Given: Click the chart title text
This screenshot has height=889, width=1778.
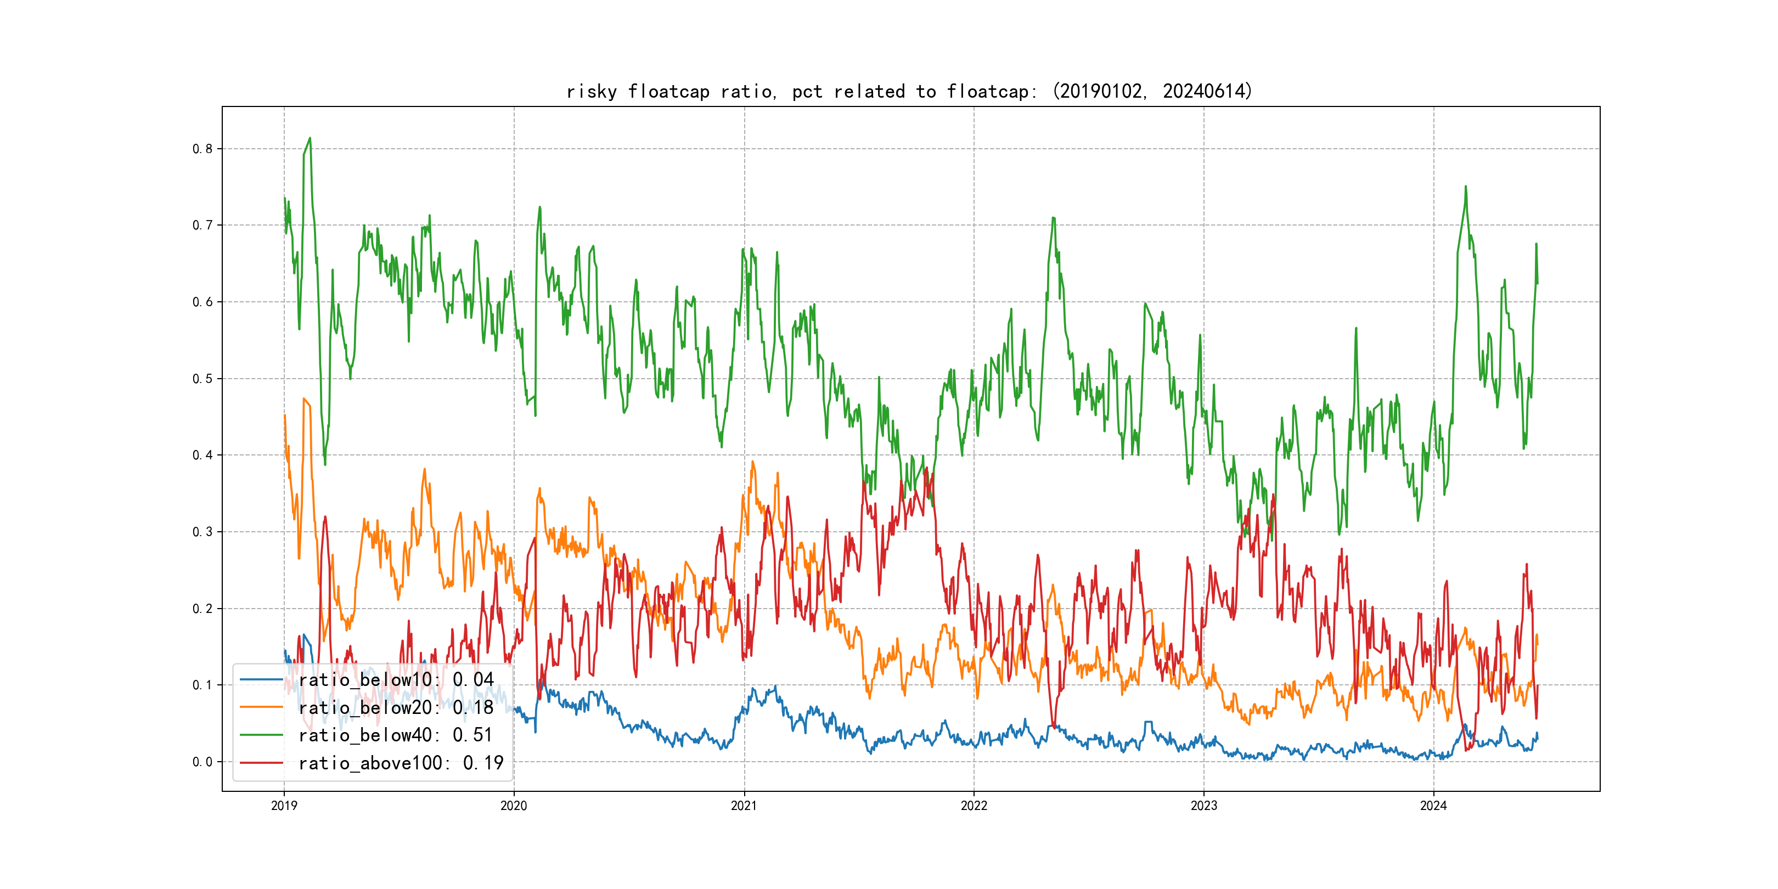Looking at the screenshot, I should point(909,91).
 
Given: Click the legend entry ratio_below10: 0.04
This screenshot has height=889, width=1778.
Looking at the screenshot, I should point(396,680).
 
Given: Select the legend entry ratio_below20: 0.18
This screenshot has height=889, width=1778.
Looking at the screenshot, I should point(396,707).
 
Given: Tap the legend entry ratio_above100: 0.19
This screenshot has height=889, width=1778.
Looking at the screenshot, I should point(401,763).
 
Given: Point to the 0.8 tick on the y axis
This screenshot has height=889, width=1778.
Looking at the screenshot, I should point(202,149).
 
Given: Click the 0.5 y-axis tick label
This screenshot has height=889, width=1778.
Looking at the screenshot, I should point(202,379).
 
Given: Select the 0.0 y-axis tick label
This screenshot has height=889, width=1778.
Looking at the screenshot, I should point(202,762).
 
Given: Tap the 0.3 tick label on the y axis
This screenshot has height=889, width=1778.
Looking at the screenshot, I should point(202,532).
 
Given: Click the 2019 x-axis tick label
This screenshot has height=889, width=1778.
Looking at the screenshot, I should point(284,806).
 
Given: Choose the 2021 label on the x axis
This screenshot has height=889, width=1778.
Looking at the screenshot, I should point(744,806).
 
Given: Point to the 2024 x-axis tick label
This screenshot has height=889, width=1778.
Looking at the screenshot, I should point(1433,806).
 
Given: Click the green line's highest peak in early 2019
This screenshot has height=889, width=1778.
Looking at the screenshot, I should point(310,138).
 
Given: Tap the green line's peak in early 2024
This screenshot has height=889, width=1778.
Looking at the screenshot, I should point(1465,187).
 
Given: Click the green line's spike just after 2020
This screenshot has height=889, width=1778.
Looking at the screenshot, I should point(540,207).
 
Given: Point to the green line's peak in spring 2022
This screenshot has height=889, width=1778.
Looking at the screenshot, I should point(1053,218).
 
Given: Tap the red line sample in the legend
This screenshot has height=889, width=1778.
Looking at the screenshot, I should point(261,763).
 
